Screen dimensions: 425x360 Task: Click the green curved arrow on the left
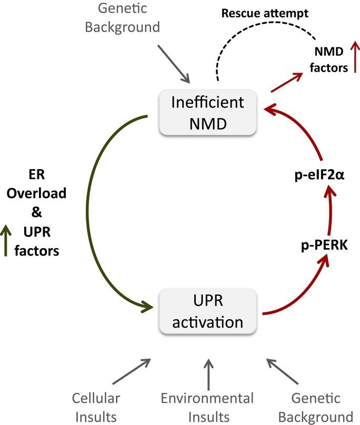click(x=102, y=211)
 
